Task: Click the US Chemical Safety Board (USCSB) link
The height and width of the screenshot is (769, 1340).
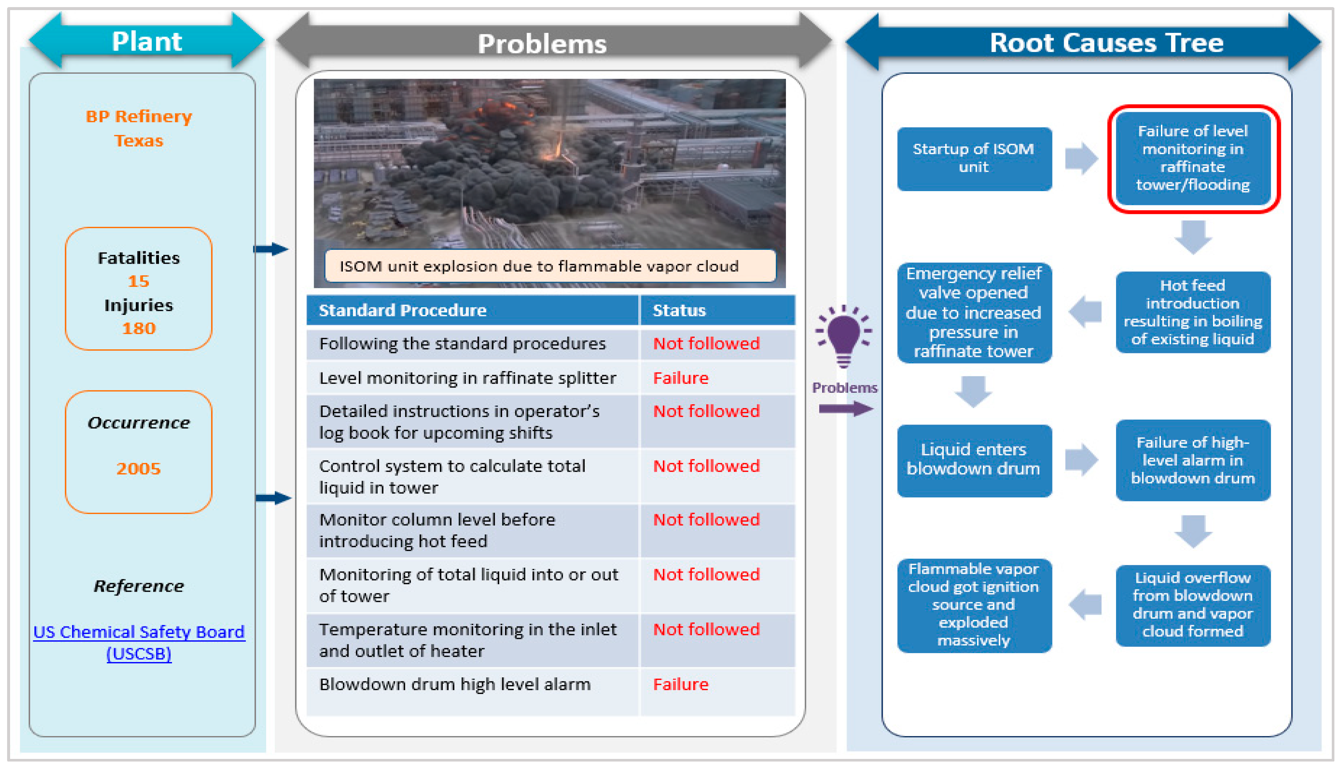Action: click(x=139, y=642)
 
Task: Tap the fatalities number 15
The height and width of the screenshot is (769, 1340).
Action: click(x=138, y=281)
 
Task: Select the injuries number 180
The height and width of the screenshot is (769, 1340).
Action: click(x=138, y=328)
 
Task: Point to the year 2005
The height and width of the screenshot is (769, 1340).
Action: click(x=138, y=469)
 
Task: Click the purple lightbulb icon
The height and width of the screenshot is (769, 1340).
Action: click(x=844, y=337)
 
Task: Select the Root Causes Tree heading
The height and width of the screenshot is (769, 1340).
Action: click(x=1106, y=42)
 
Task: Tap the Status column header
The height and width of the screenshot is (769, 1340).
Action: click(x=679, y=310)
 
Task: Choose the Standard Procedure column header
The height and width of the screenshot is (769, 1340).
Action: click(x=402, y=310)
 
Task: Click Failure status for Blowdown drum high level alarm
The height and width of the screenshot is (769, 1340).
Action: click(x=680, y=684)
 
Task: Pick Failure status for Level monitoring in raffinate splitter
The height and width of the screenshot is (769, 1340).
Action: click(x=680, y=378)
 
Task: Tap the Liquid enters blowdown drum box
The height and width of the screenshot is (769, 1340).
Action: click(x=974, y=460)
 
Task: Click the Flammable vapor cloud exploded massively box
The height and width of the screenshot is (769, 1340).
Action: click(x=974, y=605)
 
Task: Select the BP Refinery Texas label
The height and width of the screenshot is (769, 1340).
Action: click(x=138, y=128)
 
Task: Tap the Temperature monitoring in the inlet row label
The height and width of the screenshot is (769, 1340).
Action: click(x=468, y=640)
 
